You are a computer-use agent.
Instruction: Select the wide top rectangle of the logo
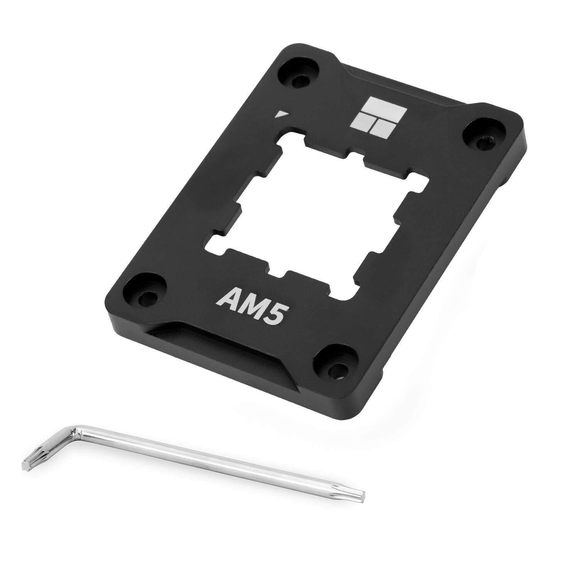(x=386, y=107)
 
